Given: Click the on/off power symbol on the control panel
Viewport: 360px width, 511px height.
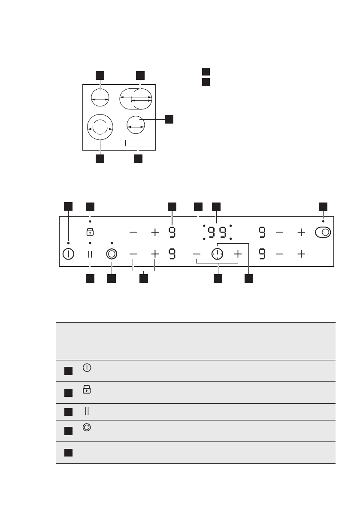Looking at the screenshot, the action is [68, 254].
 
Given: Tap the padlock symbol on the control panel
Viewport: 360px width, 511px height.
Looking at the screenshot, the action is [90, 232].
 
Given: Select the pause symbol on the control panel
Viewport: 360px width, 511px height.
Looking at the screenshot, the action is [90, 254].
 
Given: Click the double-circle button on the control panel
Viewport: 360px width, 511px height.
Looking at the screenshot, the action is [112, 254].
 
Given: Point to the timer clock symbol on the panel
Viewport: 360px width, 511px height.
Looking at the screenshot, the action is [218, 254].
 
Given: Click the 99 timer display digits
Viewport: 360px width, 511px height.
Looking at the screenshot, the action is [217, 232].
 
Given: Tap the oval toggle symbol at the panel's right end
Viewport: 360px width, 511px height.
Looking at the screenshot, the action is [323, 233].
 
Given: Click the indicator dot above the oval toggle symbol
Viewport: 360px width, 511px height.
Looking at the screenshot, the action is [323, 222].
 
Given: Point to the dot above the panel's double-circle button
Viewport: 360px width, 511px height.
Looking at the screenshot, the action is [112, 243].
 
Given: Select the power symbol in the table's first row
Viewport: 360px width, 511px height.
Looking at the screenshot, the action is [87, 368].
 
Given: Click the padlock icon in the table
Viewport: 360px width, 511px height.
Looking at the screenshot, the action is [87, 390].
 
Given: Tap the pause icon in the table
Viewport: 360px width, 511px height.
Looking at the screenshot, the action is [87, 411].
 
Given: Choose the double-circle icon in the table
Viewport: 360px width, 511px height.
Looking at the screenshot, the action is [87, 428].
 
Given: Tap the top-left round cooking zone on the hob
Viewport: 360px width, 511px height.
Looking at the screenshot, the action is [100, 98].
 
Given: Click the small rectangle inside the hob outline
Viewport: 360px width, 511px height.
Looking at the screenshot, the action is [138, 143].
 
